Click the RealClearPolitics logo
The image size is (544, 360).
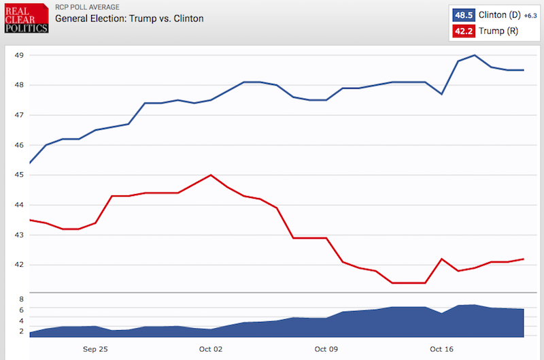coord(26,18)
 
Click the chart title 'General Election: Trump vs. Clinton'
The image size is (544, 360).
coord(129,18)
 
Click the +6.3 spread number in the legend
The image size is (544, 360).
coord(530,16)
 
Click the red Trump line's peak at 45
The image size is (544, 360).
coord(211,175)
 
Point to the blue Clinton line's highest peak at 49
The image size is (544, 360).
coord(475,55)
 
